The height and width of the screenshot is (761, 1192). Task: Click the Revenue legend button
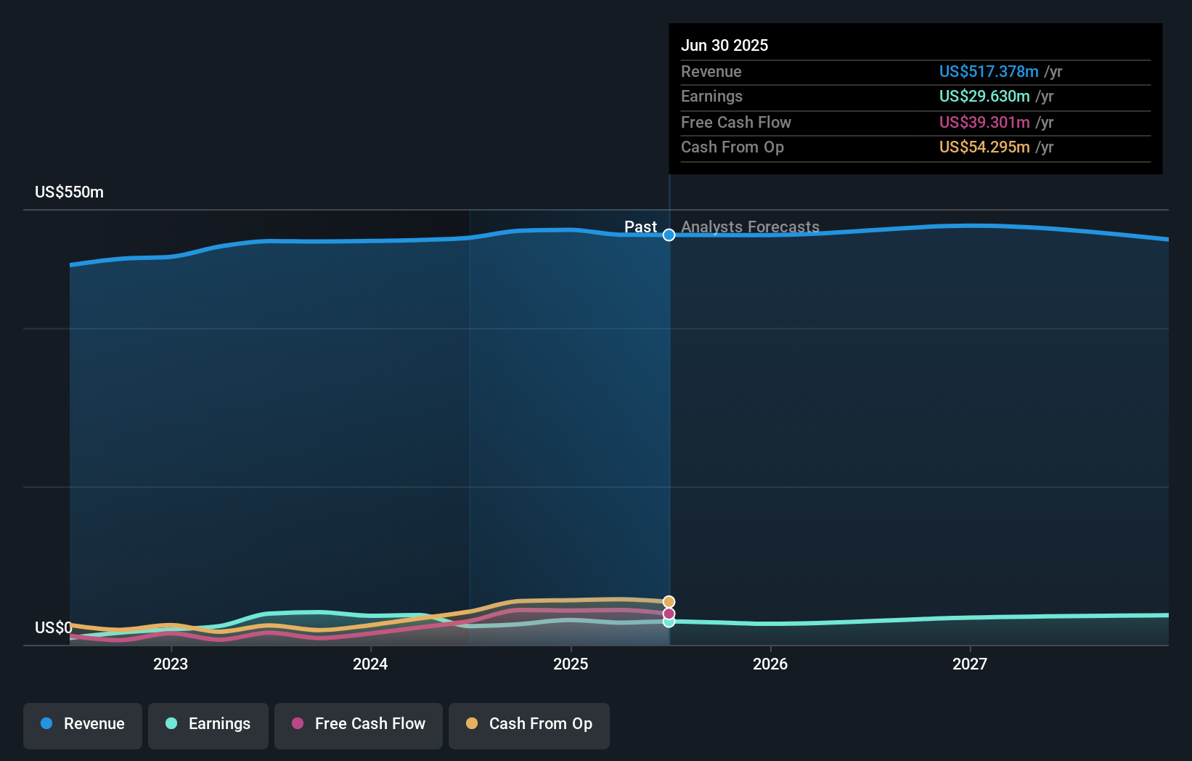pos(83,724)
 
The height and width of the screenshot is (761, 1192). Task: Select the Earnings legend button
pos(208,724)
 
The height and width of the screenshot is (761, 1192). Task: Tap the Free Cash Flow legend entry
pos(359,724)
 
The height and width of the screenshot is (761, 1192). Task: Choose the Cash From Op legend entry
pos(529,724)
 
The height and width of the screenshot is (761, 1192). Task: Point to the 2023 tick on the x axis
pos(171,664)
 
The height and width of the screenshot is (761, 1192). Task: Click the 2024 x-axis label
pos(370,664)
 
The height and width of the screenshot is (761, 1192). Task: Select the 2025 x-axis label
pos(571,664)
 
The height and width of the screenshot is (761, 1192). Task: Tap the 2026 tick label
pos(770,664)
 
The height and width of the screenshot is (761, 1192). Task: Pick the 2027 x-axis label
pos(970,664)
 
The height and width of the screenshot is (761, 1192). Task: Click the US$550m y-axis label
pos(70,192)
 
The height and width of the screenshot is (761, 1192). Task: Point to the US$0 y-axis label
pos(54,627)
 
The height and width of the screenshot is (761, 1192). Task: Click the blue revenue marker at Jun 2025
pos(669,235)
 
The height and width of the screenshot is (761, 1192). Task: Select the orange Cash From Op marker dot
pos(669,602)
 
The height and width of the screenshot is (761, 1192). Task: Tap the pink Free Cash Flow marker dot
pos(669,614)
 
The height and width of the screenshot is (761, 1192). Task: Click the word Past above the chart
pos(640,227)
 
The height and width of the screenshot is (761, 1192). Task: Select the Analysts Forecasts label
pos(750,227)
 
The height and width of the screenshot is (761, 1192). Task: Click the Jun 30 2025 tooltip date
pos(724,46)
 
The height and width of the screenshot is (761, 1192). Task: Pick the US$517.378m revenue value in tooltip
pos(989,72)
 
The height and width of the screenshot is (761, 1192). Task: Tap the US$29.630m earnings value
pos(984,97)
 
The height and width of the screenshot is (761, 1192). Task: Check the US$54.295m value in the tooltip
pos(984,147)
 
